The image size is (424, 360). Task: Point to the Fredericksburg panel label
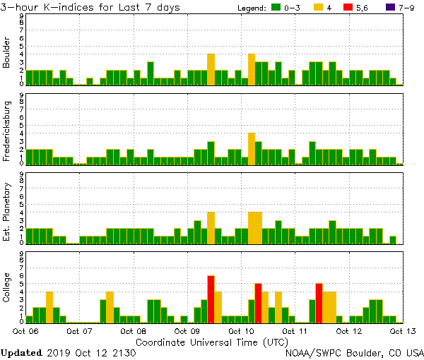[7, 132]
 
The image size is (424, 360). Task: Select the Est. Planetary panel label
[7, 211]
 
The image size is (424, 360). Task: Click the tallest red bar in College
[211, 299]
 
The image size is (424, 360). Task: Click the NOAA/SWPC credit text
[354, 352]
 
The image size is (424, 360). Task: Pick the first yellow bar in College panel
[49, 306]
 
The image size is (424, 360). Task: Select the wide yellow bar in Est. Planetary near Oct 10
[255, 227]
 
